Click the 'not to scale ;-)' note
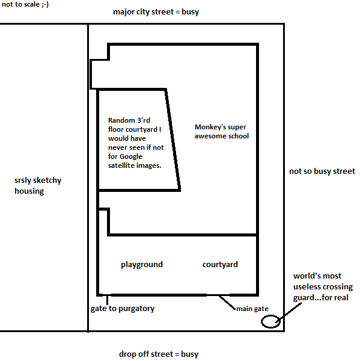[x=25, y=4]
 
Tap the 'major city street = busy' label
[x=156, y=12]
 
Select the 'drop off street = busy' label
[x=159, y=354]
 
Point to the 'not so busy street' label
[x=322, y=171]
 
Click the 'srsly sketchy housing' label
[x=38, y=185]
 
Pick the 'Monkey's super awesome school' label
[x=222, y=131]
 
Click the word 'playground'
[x=142, y=265]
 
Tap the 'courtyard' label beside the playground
[x=220, y=265]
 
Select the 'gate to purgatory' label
[x=123, y=309]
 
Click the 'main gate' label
[x=252, y=309]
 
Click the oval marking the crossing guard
[x=270, y=321]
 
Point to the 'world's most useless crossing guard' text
[x=323, y=287]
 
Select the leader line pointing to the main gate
[x=227, y=302]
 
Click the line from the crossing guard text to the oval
[x=288, y=312]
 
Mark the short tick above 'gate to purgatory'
[x=107, y=300]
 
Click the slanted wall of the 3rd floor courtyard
[x=172, y=140]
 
